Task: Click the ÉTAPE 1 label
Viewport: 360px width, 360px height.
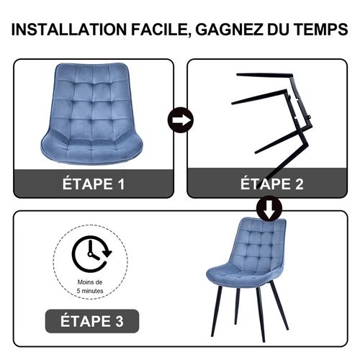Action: tap(94, 184)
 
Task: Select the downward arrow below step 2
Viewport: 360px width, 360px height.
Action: tap(269, 208)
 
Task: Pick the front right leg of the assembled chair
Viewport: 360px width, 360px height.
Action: tap(261, 324)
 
